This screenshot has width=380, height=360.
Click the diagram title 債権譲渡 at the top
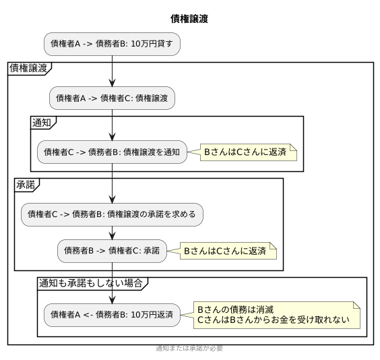pos(189,19)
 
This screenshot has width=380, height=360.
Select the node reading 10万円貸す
pos(112,44)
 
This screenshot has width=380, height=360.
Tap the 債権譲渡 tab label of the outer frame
pos(28,68)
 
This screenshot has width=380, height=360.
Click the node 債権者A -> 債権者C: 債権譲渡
pos(112,98)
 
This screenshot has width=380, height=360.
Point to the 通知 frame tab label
pos(43,122)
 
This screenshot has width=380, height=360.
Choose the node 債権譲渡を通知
pos(112,152)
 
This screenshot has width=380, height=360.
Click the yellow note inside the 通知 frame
pos(245,152)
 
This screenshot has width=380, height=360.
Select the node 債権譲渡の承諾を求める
pos(112,214)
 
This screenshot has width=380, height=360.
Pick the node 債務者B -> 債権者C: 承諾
pos(112,251)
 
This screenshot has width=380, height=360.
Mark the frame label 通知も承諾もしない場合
pos(91,283)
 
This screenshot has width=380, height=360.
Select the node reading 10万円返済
pos(112,314)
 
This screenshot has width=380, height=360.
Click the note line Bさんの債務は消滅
pos(235,309)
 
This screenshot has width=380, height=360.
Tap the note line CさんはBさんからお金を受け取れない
pos(273,320)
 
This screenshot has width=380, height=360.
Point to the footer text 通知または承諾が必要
pos(189,349)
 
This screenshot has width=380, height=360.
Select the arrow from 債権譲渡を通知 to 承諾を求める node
pos(112,183)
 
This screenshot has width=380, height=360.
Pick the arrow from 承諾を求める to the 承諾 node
pos(112,233)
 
